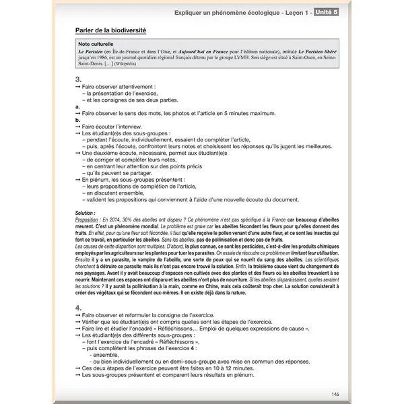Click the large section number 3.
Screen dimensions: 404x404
click(79, 79)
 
